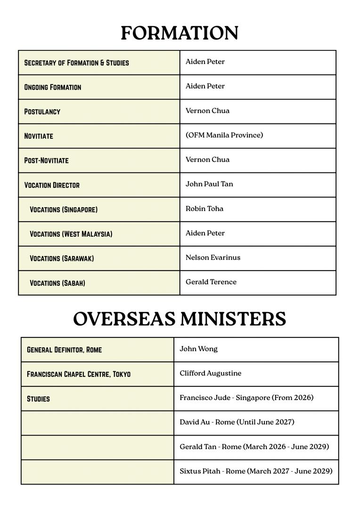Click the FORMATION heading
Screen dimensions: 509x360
(x=180, y=33)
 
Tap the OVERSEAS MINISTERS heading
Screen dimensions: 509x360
(x=180, y=319)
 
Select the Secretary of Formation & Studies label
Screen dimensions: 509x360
(x=76, y=63)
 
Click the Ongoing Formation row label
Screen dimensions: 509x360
(x=53, y=87)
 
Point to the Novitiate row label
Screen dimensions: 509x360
(x=39, y=136)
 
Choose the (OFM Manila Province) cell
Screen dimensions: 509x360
(x=224, y=135)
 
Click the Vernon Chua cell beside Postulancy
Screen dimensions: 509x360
(x=207, y=111)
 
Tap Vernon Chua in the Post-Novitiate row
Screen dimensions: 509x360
(x=207, y=160)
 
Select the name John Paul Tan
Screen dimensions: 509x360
(x=209, y=184)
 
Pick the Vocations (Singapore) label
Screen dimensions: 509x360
(x=64, y=210)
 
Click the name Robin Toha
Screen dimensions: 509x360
(x=205, y=209)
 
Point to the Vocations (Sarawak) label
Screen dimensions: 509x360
(x=62, y=259)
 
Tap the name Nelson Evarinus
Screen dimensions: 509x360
(x=213, y=258)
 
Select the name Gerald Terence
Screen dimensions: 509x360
(x=211, y=282)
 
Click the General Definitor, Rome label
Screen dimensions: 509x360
(x=64, y=350)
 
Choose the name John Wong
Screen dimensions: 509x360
(x=198, y=349)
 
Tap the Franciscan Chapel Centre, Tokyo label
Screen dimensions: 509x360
(x=79, y=374)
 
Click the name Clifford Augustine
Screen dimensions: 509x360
(x=210, y=374)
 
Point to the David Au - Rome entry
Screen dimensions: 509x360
(x=237, y=422)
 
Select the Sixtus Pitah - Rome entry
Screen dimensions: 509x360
(x=256, y=471)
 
